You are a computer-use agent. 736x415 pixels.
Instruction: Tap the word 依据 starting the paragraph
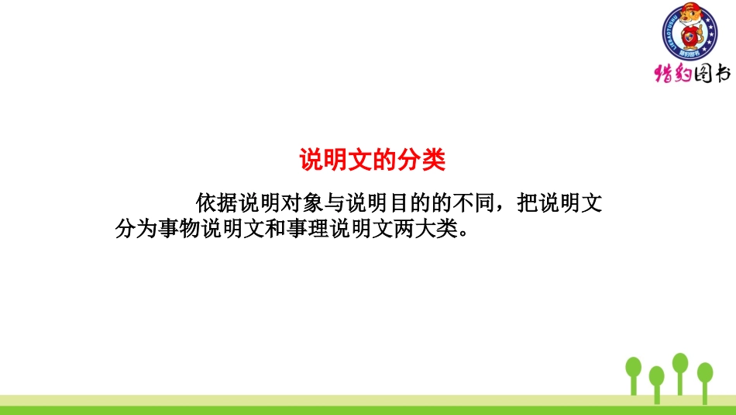click(217, 204)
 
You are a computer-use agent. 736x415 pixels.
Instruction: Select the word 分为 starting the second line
click(136, 230)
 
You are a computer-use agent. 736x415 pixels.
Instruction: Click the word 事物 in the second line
click(176, 230)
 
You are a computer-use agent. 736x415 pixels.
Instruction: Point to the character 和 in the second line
click(277, 230)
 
